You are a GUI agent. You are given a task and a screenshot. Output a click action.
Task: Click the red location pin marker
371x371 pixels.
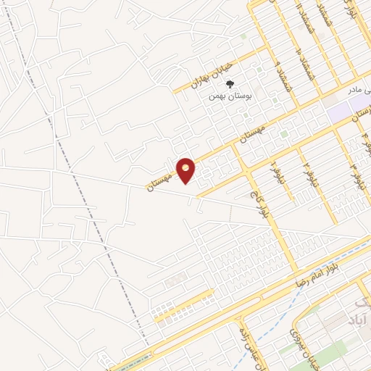[186, 170]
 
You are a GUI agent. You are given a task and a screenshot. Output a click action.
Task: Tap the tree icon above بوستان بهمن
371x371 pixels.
[230, 85]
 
